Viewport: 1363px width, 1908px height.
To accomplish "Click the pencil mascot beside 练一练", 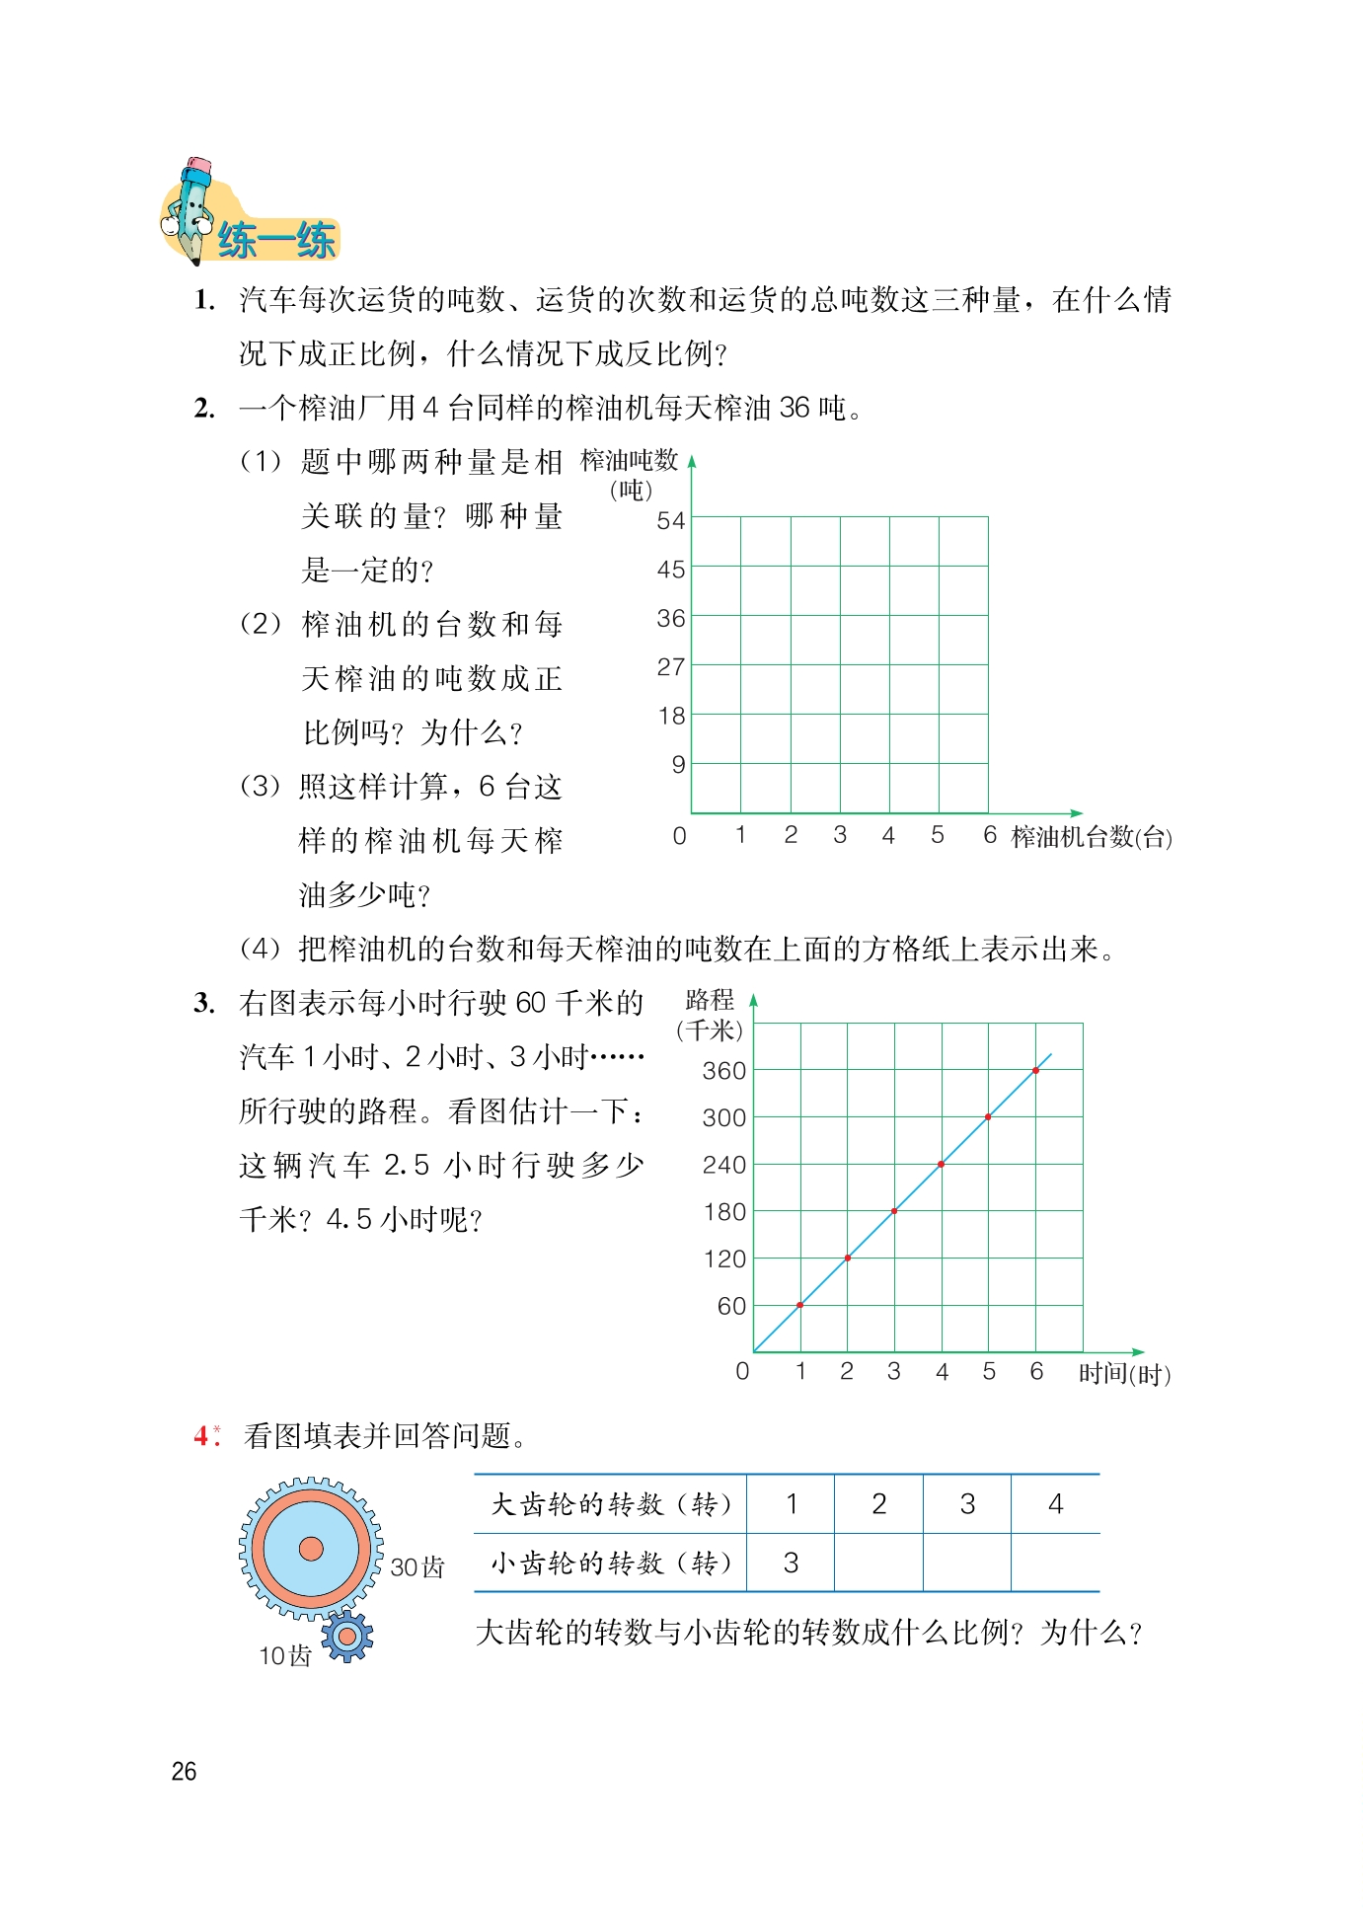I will [x=190, y=209].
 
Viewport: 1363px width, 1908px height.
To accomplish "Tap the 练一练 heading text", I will [x=276, y=241].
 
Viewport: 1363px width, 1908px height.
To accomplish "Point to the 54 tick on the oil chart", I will [x=671, y=520].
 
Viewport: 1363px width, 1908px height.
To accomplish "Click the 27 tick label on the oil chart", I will [x=671, y=667].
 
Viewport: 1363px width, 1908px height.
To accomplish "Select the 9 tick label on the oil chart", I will [x=678, y=765].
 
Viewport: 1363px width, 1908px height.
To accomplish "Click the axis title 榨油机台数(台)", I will [x=1092, y=837].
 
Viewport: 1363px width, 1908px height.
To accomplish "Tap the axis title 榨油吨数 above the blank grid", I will [x=629, y=461].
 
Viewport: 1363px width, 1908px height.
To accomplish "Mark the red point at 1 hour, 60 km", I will [x=800, y=1305].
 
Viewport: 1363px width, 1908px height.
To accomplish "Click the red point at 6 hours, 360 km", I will [x=1035, y=1071].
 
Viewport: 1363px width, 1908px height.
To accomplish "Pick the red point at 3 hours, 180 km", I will [x=894, y=1211].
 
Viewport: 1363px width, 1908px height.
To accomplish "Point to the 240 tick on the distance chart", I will [x=723, y=1166].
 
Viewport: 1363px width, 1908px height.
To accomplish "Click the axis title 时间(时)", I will [x=1124, y=1374].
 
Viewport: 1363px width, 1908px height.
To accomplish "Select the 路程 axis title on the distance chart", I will [x=710, y=1000].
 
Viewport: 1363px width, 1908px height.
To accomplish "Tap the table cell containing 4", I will [x=1055, y=1504].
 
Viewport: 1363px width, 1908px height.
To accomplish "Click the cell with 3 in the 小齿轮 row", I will [x=791, y=1563].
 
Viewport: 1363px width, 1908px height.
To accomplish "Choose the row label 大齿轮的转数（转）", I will [x=611, y=1504].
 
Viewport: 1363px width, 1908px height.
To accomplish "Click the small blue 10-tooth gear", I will [x=346, y=1637].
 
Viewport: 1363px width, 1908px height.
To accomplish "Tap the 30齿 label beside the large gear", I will [x=417, y=1567].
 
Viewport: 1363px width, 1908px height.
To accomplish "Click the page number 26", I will [x=184, y=1772].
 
